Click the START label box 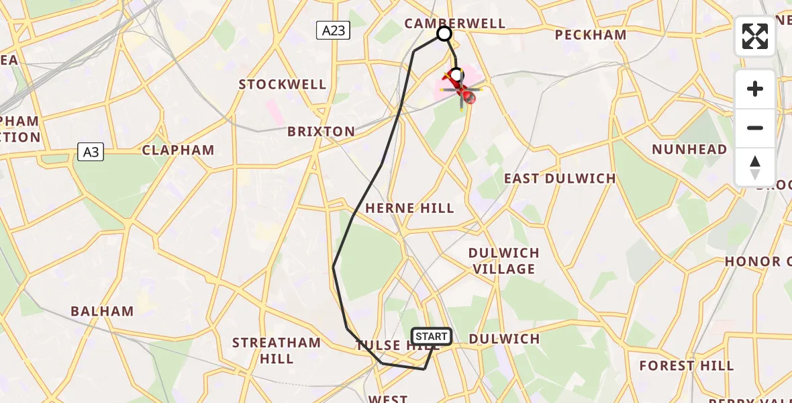click(x=431, y=337)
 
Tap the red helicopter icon click(x=462, y=89)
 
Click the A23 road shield click(x=333, y=30)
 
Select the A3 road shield click(x=91, y=152)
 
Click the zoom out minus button click(x=755, y=128)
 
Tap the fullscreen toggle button click(x=755, y=36)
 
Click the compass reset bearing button click(x=755, y=167)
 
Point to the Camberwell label click(x=454, y=24)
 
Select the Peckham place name click(x=591, y=35)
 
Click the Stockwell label click(x=283, y=85)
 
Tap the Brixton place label click(x=321, y=132)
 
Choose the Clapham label click(x=178, y=150)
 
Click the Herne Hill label click(x=409, y=208)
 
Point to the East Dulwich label click(x=560, y=178)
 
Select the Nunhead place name click(x=689, y=149)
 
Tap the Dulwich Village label click(x=504, y=261)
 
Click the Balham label click(x=102, y=311)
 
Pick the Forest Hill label click(x=687, y=365)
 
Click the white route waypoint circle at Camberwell click(x=444, y=33)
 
